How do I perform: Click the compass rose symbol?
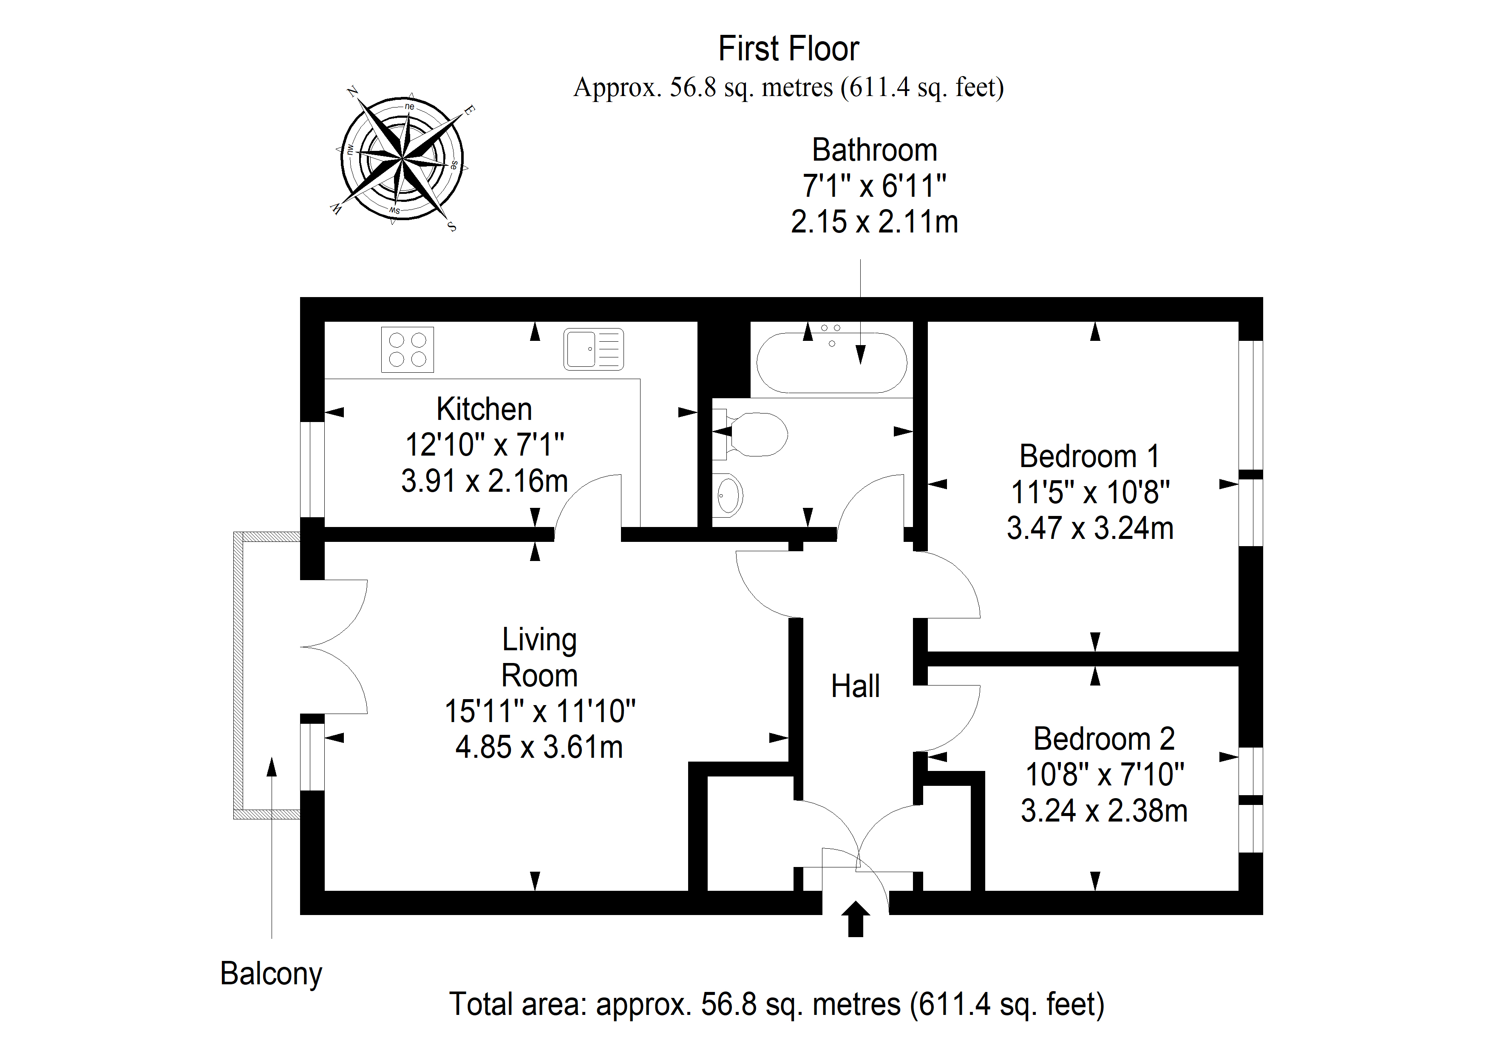(x=403, y=158)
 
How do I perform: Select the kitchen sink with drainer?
(x=593, y=349)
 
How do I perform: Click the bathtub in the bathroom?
(x=831, y=363)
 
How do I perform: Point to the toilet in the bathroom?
(x=753, y=434)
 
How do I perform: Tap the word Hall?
(x=855, y=686)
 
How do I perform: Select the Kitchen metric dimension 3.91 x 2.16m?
(x=485, y=481)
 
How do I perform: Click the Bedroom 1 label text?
(x=1089, y=456)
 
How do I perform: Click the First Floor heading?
(x=788, y=49)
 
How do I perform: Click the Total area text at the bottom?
(x=777, y=1004)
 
